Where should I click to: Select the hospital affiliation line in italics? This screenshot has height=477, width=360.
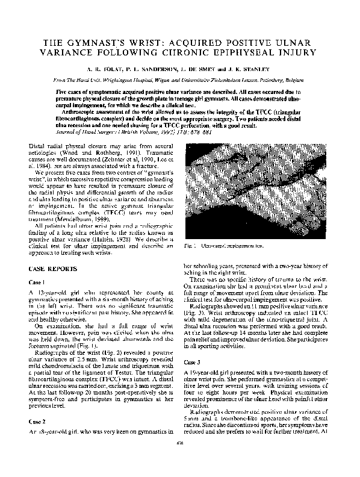(x=180, y=79)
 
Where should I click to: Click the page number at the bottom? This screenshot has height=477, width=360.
(x=179, y=460)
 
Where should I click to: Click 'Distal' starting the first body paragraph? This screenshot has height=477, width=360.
(x=37, y=146)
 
